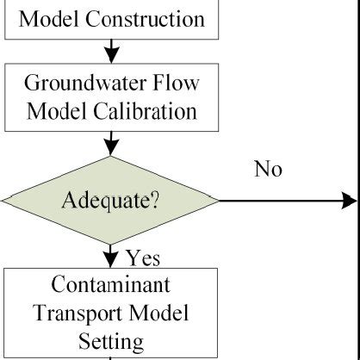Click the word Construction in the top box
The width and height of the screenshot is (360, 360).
[x=148, y=19]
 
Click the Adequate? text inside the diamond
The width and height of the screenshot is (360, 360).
[x=110, y=202]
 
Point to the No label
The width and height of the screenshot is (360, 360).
[x=268, y=169]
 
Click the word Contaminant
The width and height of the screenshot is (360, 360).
[x=110, y=285]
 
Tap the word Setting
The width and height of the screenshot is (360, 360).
[x=110, y=341]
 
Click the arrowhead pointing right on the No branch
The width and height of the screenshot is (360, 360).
[x=350, y=202]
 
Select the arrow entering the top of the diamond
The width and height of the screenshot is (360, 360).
[x=110, y=145]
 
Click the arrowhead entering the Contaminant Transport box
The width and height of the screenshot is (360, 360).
[x=110, y=260]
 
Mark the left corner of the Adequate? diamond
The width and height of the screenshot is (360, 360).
[x=3, y=202]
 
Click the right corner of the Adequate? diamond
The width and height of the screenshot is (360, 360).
[x=217, y=202]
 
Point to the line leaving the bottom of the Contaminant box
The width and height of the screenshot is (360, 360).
[x=110, y=357]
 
